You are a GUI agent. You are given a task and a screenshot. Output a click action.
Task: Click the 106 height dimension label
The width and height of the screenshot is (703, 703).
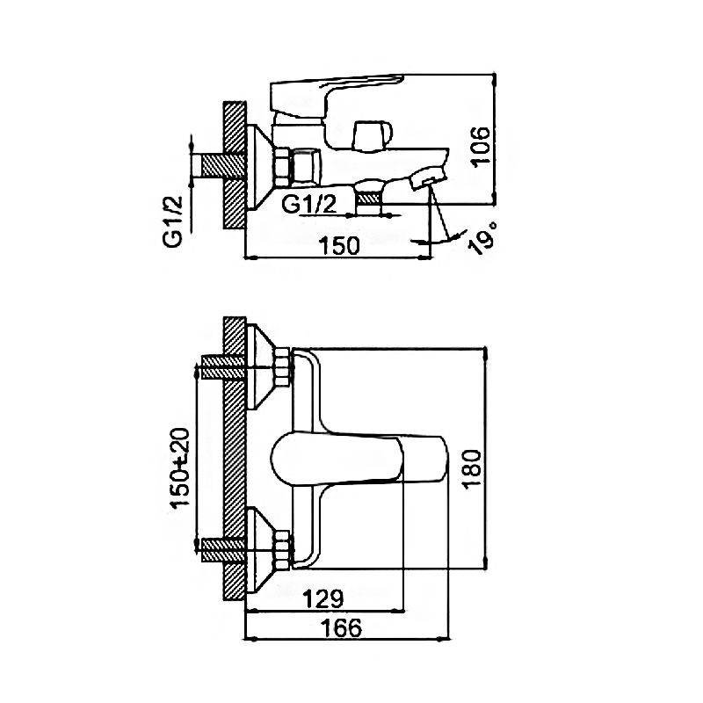coord(481,147)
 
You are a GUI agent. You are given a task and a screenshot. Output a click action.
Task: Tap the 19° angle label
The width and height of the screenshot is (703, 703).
coord(482,237)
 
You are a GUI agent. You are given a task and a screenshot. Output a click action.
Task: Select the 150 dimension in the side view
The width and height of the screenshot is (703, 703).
coord(339,245)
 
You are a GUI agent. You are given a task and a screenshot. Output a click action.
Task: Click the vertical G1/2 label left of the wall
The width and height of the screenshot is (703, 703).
coord(172,221)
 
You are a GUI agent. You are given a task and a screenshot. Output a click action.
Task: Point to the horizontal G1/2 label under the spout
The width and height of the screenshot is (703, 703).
coord(309,205)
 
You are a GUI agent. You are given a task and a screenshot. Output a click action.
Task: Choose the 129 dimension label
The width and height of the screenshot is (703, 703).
coord(323,598)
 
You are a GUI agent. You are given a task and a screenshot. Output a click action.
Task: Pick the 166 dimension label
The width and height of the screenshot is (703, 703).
coord(341,627)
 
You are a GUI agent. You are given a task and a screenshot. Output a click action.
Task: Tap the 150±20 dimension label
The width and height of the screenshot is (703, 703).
coord(180,467)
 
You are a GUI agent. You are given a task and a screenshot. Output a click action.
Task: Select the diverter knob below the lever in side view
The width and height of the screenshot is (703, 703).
coord(372,136)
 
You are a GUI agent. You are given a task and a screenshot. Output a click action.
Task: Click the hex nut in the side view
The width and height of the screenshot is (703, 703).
coord(283,166)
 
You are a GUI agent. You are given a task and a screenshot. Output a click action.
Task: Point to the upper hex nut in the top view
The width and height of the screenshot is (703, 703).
coord(283,366)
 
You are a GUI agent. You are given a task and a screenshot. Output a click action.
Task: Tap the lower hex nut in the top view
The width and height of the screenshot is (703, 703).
coord(283,550)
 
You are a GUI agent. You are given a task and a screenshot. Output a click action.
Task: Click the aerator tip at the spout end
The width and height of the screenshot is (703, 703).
coord(428,178)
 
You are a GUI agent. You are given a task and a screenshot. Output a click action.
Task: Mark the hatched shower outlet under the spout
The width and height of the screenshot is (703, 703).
coord(368,197)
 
